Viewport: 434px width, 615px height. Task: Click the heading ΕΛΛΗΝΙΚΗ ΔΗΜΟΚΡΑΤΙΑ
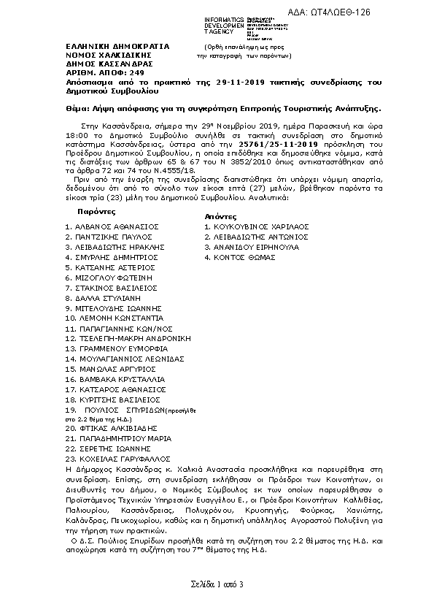pyautogui.click(x=117, y=46)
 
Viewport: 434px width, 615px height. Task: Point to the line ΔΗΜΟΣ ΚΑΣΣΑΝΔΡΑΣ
pyautogui.click(x=101, y=64)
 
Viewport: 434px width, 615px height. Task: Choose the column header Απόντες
pyautogui.click(x=220, y=217)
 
